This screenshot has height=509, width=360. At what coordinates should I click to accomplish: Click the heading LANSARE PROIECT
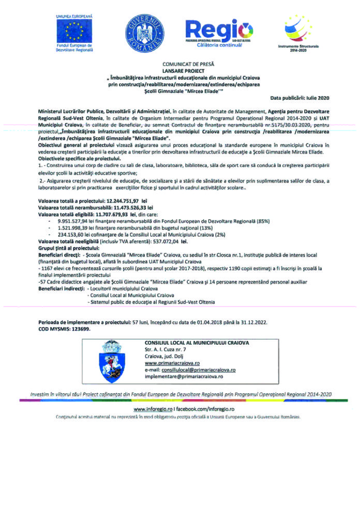[x=184, y=69]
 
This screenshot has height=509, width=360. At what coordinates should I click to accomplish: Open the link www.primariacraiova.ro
[x=172, y=364]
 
